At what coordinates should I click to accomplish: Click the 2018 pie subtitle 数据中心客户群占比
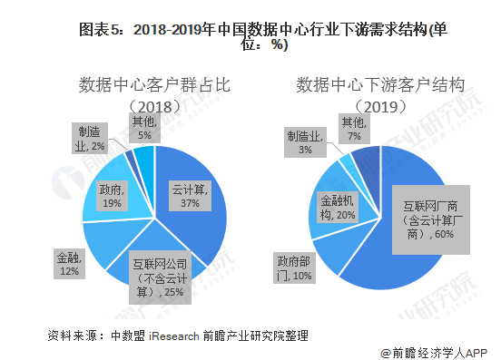(153, 86)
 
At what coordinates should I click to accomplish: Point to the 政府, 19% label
(113, 197)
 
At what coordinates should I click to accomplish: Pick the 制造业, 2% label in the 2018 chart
(91, 140)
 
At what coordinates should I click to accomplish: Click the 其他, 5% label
(145, 129)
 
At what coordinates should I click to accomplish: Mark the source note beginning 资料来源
(177, 336)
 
